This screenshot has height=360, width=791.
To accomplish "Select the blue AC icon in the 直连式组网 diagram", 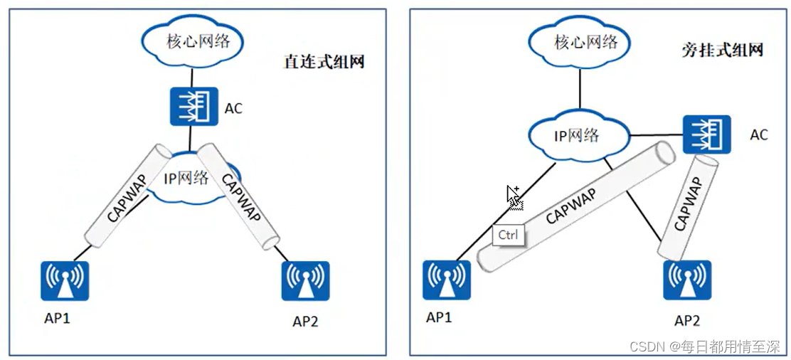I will coord(189,106).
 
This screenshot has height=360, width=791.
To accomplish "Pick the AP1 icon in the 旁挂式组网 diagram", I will coord(446,280).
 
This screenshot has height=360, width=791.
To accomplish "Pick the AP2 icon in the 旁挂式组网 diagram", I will coord(687,280).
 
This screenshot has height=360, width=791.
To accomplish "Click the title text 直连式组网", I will coord(324,62).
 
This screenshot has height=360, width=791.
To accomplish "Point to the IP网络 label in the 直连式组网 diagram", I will coord(186,177).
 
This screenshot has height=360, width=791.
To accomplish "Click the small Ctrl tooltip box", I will coord(508,235).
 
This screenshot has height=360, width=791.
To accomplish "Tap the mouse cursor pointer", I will coord(512,194).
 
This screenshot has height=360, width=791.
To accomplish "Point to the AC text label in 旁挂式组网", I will coord(759,134).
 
